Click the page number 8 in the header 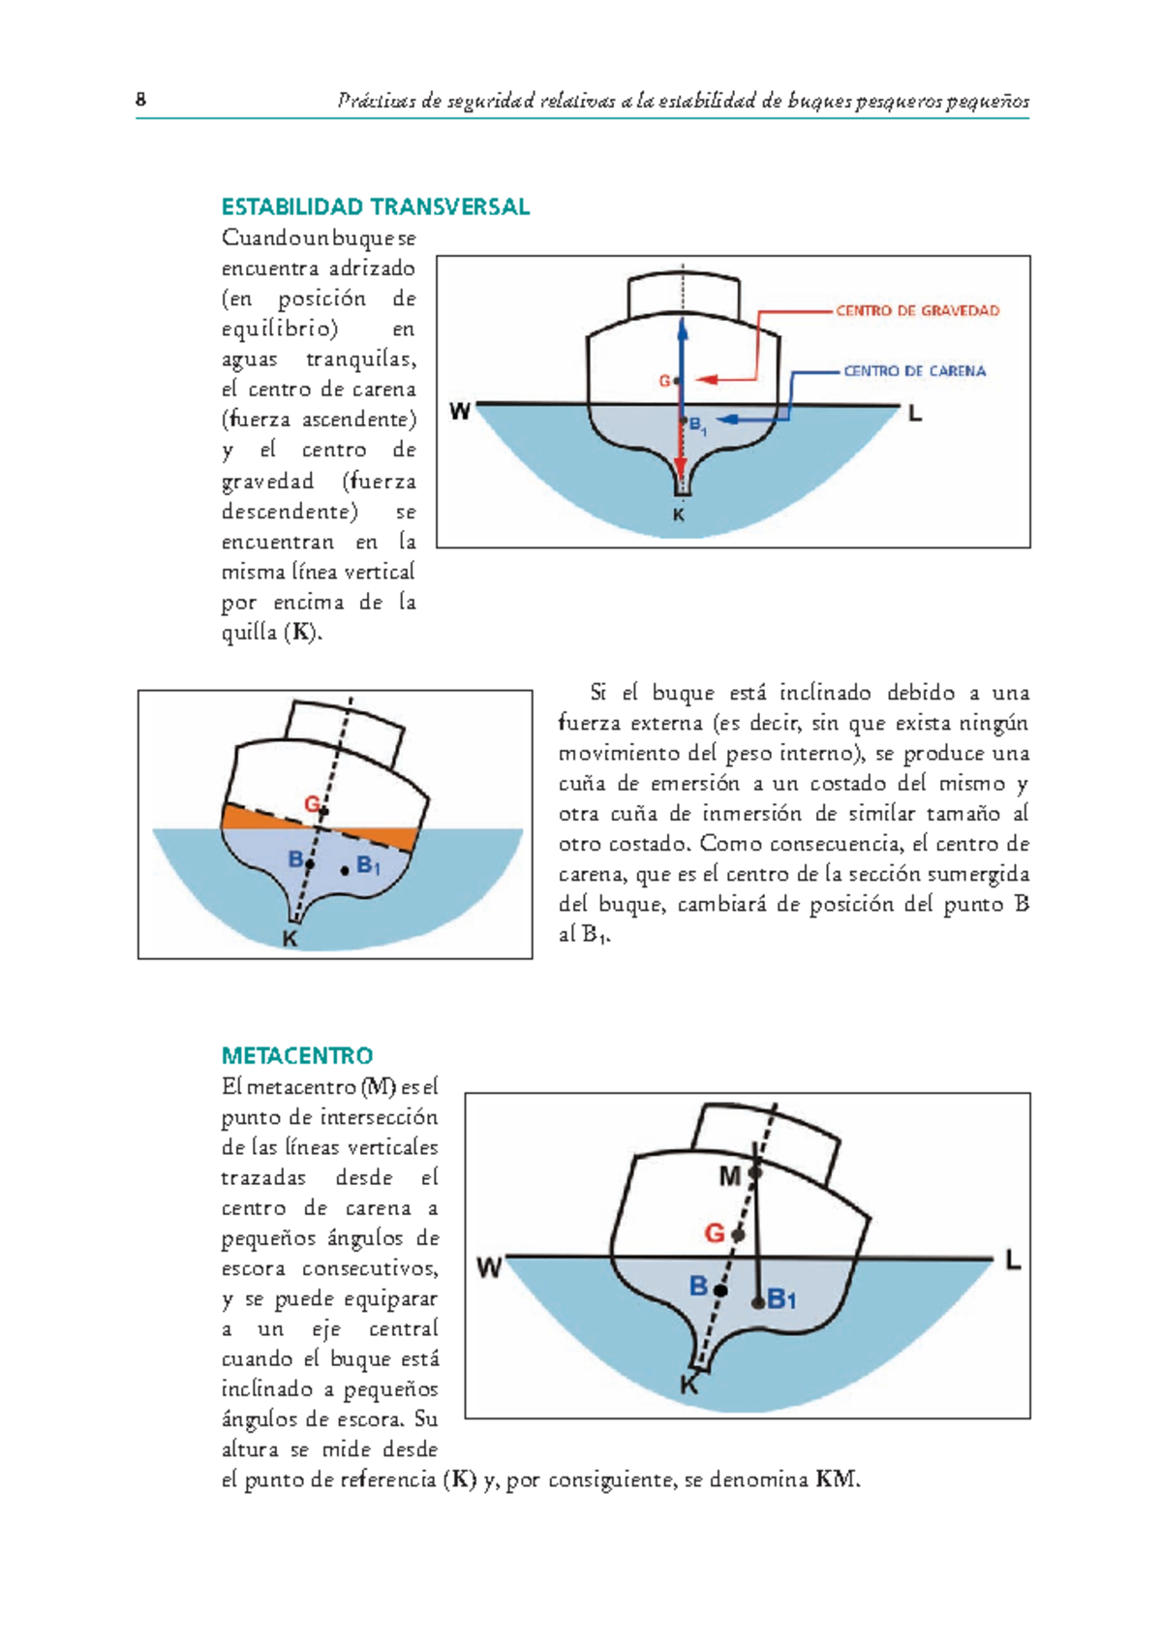[x=141, y=100]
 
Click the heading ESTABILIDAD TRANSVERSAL [x=375, y=206]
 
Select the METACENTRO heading [x=297, y=1055]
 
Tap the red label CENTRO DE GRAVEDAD [x=917, y=311]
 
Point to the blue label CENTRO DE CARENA [x=914, y=371]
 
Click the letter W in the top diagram [x=460, y=413]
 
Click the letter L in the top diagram [x=914, y=415]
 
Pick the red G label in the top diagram [x=664, y=381]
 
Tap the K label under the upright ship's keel [x=679, y=515]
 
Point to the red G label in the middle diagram [x=312, y=804]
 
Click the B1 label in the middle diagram [x=369, y=865]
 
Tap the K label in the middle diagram [x=290, y=939]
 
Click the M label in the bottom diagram [x=729, y=1176]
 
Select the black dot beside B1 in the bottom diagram [x=758, y=1301]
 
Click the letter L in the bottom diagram [x=1013, y=1261]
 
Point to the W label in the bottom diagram [x=490, y=1267]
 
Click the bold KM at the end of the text [x=836, y=1480]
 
